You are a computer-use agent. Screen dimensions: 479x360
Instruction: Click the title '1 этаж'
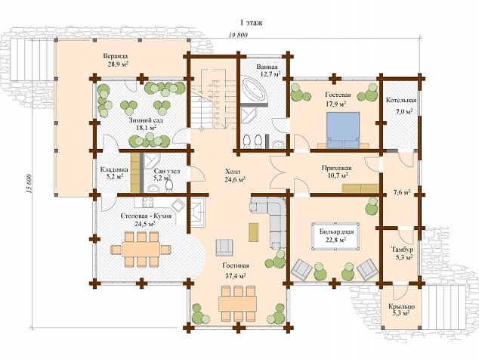coord(251,23)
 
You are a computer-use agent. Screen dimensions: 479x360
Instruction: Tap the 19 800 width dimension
coord(238,35)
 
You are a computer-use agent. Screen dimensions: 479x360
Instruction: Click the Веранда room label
coord(115,56)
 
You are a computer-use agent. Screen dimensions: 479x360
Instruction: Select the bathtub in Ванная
coord(254,88)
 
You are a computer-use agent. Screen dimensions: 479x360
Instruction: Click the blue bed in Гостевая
coord(343,129)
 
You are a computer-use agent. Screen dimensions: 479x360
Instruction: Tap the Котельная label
coord(401,100)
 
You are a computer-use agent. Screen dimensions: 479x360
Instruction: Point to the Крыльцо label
coord(401,306)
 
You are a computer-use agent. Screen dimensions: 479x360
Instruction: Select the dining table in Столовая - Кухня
coord(141,250)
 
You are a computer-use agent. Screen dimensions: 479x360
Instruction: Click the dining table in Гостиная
coord(237,303)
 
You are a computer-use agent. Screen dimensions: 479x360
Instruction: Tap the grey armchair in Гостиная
coord(224,247)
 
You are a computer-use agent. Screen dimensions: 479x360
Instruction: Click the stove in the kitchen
coord(148,202)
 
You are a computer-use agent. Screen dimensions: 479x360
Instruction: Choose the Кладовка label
coord(114,169)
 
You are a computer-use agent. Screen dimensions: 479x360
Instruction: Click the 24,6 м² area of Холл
coord(236,180)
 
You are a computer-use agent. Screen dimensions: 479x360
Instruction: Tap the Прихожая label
coord(337,168)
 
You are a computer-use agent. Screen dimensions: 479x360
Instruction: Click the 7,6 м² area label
coord(401,193)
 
